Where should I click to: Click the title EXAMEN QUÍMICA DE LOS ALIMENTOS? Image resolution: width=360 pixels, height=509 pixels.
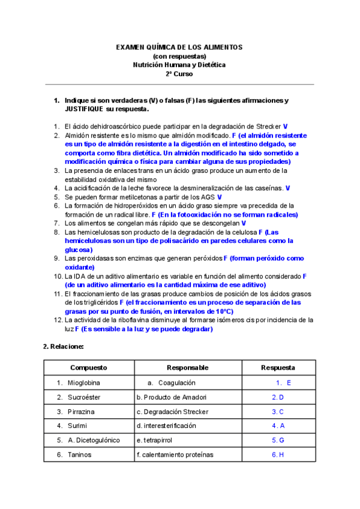179,47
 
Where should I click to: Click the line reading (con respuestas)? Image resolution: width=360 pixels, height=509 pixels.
179,56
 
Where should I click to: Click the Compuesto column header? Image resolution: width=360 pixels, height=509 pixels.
88,367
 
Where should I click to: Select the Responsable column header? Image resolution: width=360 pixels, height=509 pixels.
187,367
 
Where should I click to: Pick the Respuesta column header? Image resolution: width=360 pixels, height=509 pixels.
278,367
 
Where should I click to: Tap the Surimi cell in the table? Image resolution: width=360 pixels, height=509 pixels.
77,426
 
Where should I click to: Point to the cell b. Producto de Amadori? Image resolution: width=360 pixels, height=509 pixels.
171,397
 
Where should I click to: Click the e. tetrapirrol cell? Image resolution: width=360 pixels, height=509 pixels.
157,440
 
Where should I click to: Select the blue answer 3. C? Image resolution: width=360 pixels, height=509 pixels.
278,411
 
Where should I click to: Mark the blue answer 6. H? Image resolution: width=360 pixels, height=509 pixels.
278,454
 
